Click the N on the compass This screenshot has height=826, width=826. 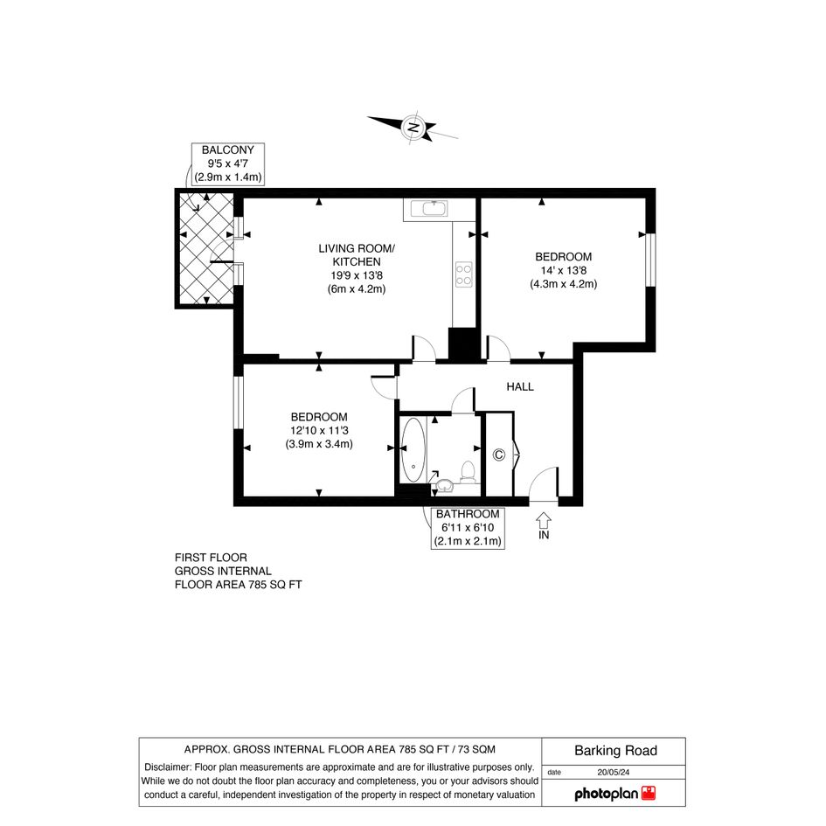point(413,128)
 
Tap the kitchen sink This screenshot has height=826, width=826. point(434,209)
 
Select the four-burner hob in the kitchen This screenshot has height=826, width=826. point(463,274)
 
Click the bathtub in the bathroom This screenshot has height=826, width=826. point(413,450)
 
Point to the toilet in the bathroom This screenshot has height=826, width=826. point(468,472)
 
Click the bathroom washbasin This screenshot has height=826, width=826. point(446,485)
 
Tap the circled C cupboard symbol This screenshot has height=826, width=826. point(498,455)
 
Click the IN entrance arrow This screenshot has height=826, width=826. point(544,521)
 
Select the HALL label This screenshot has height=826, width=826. point(520,386)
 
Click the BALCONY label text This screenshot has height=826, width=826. point(227,150)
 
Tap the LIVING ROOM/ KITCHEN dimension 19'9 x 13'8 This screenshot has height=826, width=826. point(357,275)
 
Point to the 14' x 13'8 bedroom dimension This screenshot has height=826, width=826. point(563,270)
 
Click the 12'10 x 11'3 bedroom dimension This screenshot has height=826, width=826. point(319,430)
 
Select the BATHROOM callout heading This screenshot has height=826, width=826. point(468,514)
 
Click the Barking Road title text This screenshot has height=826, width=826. point(616,751)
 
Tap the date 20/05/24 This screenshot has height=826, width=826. point(614,773)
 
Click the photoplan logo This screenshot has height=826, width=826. point(614,794)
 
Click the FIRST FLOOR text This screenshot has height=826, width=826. point(211,558)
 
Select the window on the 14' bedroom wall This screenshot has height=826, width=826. point(651,260)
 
